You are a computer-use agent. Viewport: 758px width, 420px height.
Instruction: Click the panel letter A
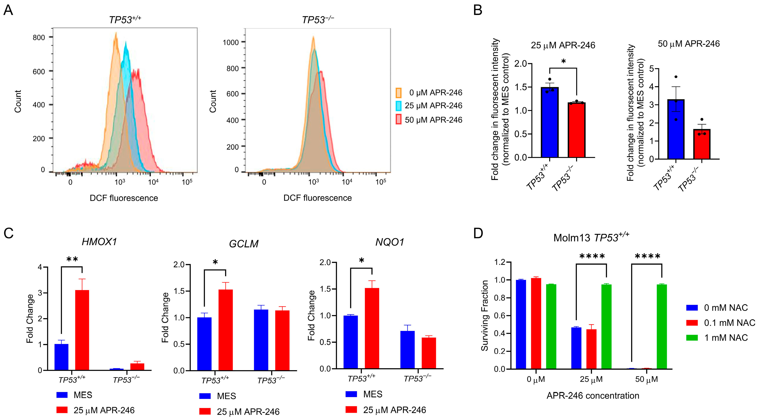click(x=8, y=10)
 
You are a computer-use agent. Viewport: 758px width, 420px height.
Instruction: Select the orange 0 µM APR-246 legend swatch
click(x=398, y=93)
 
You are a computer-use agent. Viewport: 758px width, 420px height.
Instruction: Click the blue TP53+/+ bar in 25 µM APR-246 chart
click(x=549, y=122)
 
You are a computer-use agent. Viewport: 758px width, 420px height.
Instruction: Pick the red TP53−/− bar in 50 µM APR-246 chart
click(x=702, y=144)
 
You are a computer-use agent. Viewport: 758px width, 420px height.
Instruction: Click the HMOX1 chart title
click(x=99, y=242)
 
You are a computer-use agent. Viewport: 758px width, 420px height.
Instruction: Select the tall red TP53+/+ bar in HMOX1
click(x=82, y=330)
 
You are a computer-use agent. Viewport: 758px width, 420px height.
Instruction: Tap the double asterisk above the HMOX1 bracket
click(x=72, y=259)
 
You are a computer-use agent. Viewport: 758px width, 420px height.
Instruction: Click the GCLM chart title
click(x=244, y=244)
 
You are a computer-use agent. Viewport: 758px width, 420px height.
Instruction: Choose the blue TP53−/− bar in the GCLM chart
click(x=261, y=340)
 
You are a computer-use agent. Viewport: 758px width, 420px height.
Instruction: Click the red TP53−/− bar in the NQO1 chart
click(x=429, y=353)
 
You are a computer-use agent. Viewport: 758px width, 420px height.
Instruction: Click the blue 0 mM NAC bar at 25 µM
click(x=576, y=348)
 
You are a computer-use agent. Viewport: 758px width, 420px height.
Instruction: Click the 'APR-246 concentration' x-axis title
click(x=593, y=396)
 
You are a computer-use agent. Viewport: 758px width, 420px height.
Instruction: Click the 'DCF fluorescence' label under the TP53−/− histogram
click(x=317, y=198)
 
